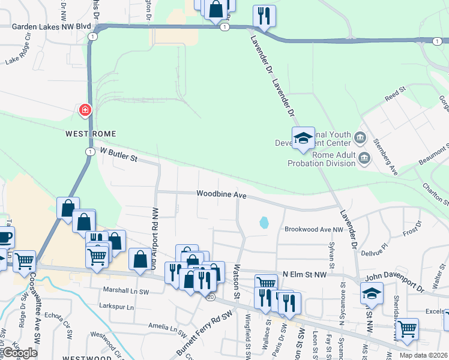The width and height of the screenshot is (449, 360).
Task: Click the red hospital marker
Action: (x=85, y=110)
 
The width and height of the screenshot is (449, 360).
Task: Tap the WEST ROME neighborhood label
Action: (x=90, y=133)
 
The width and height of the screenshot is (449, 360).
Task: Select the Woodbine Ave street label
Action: (x=221, y=195)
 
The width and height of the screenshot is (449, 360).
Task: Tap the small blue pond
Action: (x=264, y=223)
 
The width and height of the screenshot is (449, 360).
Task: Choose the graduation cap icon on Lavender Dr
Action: (x=303, y=139)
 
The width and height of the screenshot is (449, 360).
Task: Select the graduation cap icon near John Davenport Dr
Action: (x=372, y=293)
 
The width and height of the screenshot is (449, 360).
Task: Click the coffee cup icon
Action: (x=4, y=237)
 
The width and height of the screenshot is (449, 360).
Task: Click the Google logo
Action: (x=19, y=353)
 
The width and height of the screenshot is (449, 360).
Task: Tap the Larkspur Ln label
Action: (x=118, y=307)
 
